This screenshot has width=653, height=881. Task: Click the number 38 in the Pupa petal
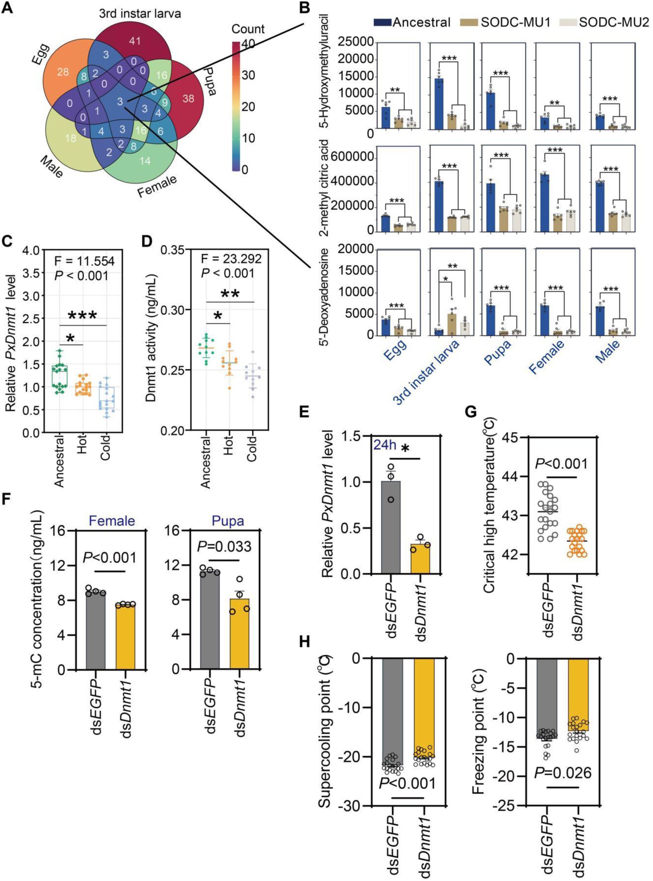[188, 98]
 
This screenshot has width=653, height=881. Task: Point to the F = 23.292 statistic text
[231, 259]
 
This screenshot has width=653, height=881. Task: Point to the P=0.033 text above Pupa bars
[224, 546]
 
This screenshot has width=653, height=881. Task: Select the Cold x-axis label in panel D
[252, 448]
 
